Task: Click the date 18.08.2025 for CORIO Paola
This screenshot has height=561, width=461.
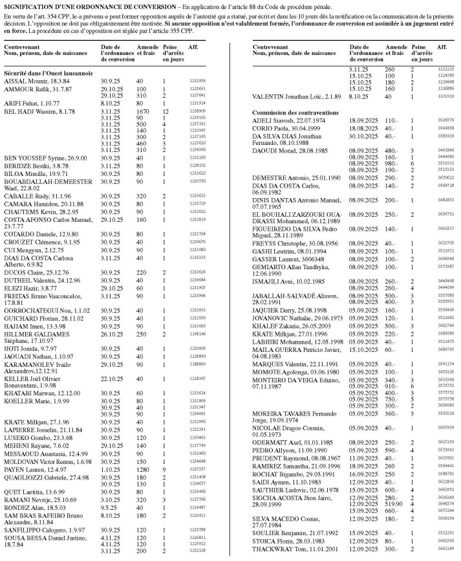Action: point(363,128)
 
